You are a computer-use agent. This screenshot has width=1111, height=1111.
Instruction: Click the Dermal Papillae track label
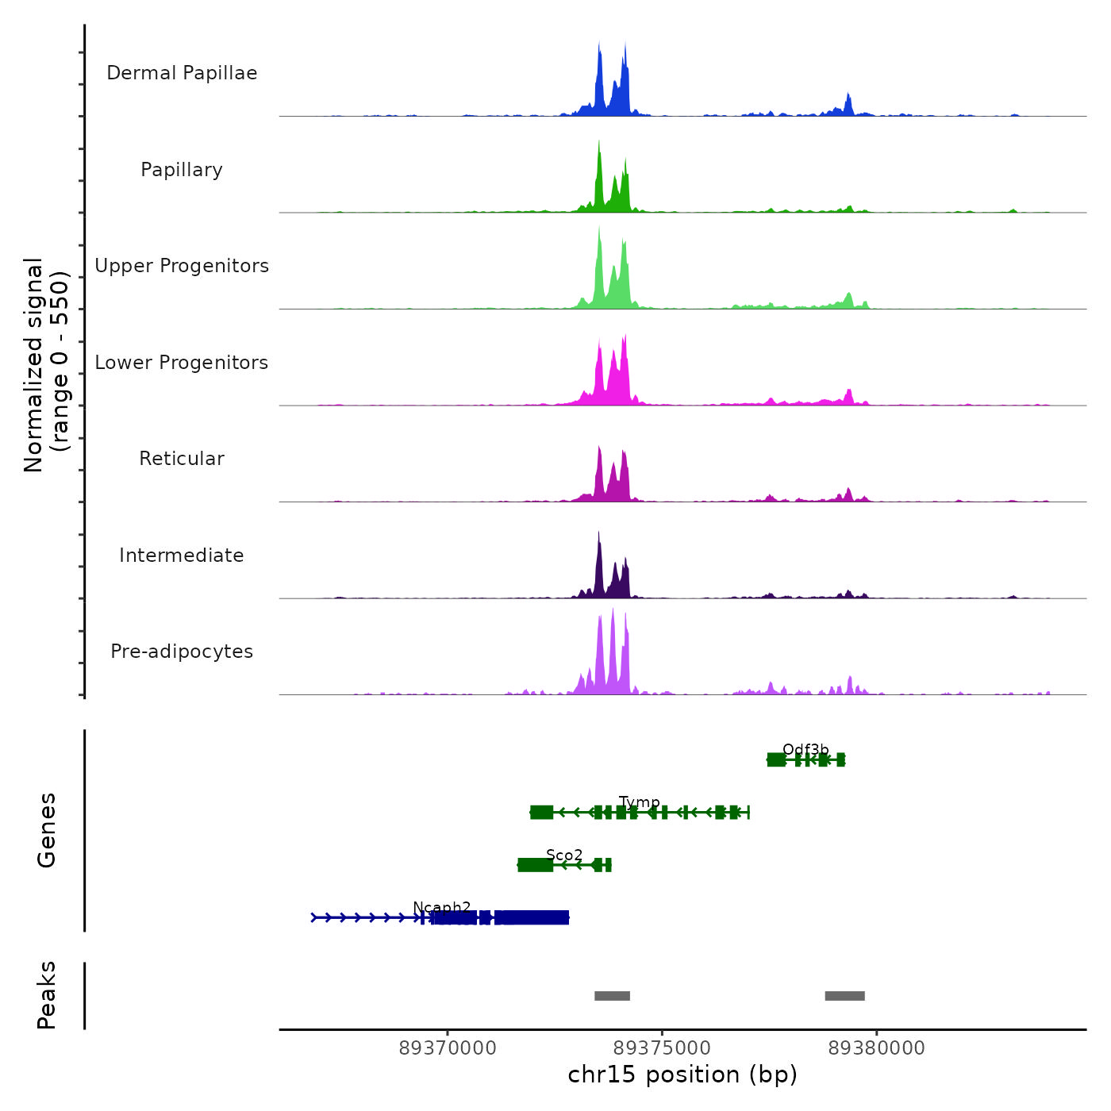[182, 73]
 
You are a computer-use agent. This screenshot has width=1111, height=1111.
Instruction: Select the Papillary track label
[182, 170]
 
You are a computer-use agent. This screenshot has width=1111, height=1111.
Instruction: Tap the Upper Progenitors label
[182, 266]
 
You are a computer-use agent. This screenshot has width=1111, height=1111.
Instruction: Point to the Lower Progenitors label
[182, 363]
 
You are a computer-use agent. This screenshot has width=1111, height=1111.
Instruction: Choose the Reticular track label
[182, 459]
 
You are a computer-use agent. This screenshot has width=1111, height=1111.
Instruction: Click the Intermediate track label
[182, 555]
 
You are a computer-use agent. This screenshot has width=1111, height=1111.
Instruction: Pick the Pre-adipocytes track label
[182, 652]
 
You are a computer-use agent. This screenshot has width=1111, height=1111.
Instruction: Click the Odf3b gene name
[805, 750]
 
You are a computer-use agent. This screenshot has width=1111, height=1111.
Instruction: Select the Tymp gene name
[639, 802]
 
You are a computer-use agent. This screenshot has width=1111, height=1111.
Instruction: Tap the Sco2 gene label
[564, 855]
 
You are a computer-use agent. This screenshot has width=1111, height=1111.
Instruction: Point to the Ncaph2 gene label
[442, 907]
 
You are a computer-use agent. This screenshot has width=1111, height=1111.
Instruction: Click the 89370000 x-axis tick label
[448, 1048]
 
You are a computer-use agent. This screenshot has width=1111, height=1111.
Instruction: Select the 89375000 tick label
[662, 1048]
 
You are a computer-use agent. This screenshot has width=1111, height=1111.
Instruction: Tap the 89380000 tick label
[876, 1048]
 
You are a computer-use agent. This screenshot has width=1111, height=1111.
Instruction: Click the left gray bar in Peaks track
[612, 996]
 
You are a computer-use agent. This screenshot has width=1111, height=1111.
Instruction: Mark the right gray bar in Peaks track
[844, 996]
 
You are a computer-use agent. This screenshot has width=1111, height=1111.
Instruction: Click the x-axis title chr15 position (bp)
[682, 1075]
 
